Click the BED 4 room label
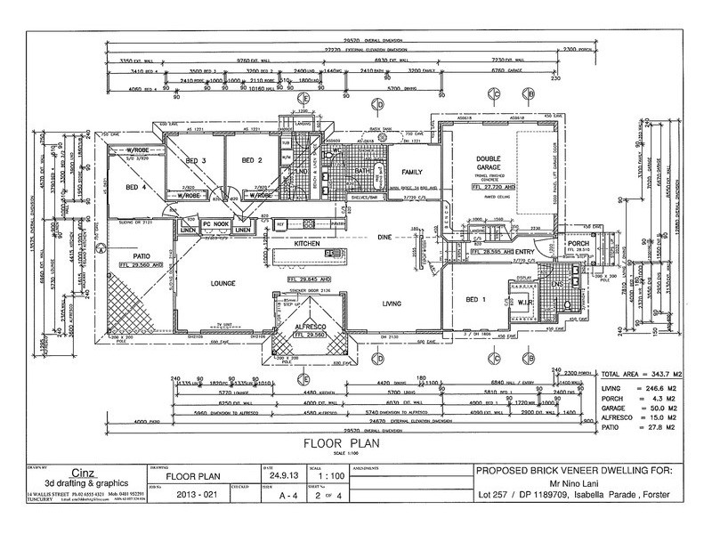pyautogui.click(x=135, y=188)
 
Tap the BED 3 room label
pyautogui.click(x=197, y=160)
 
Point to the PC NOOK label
pyautogui.click(x=217, y=222)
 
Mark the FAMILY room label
pyautogui.click(x=409, y=172)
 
